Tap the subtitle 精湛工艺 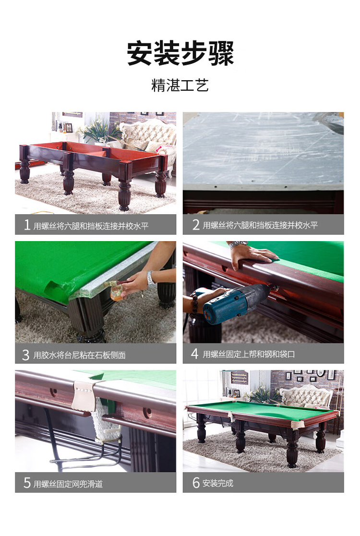point(180,85)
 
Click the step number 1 point(27,225)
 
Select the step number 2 point(196,225)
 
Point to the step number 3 point(25,355)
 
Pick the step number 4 point(195,354)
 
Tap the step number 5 point(27,483)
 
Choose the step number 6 point(196,483)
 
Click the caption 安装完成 point(217,483)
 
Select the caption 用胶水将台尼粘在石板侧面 point(79,355)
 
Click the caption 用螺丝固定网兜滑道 point(68,484)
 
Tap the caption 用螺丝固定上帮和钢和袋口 point(249,354)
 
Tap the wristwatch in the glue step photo point(151,279)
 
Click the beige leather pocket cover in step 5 point(84,395)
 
